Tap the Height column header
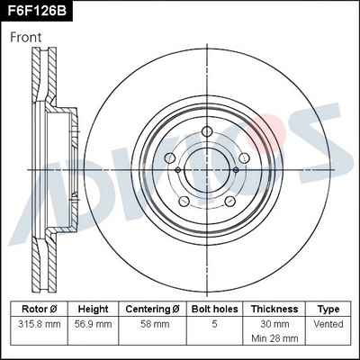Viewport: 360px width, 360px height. [x=93, y=309]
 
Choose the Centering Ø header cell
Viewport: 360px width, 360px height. [x=152, y=309]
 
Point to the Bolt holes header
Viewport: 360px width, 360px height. [x=213, y=309]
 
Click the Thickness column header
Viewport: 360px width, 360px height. [x=274, y=309]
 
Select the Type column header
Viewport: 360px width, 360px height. [x=329, y=309]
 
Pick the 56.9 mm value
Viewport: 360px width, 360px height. [x=93, y=323]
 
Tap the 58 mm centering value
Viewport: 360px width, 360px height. [x=152, y=323]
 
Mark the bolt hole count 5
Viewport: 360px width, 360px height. [x=213, y=323]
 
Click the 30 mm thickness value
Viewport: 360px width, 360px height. [x=274, y=323]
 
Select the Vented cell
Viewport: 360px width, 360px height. [x=329, y=323]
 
